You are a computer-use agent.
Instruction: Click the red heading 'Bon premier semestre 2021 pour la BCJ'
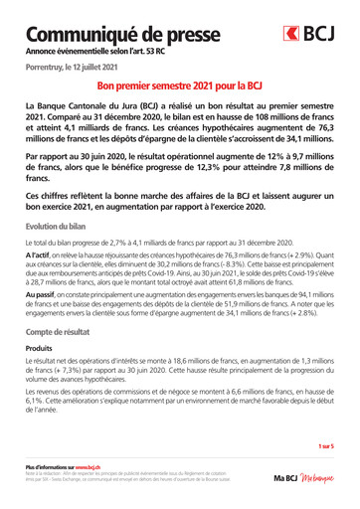179,87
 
